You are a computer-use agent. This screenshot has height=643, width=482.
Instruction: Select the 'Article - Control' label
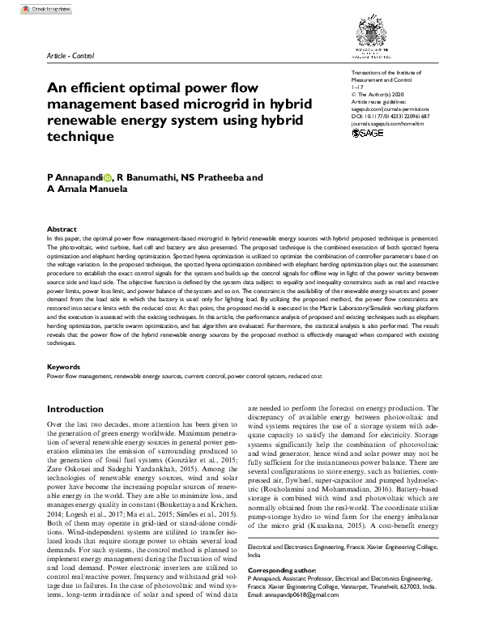point(71,55)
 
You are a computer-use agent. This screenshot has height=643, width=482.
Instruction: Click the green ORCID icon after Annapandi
point(109,177)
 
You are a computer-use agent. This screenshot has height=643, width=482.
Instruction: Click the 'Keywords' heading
point(64,367)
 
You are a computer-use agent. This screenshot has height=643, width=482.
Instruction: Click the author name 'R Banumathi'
point(148,177)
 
